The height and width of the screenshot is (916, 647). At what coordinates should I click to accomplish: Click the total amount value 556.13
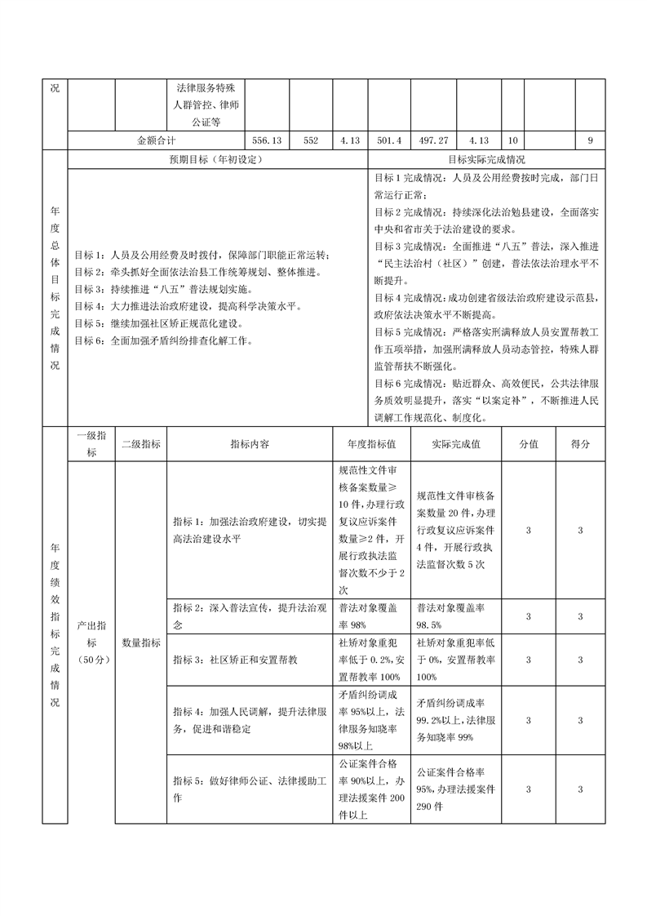click(267, 140)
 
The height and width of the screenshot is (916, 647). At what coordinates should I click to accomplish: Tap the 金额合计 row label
click(162, 140)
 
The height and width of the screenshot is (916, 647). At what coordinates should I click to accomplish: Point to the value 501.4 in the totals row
click(388, 140)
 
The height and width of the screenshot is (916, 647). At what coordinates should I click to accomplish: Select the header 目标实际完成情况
click(486, 159)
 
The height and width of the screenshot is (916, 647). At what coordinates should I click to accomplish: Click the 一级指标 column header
click(91, 443)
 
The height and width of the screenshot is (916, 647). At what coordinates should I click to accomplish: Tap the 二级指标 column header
click(140, 443)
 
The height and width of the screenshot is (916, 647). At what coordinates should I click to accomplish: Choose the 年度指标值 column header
click(371, 443)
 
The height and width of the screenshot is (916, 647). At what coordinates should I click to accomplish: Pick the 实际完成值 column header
click(455, 443)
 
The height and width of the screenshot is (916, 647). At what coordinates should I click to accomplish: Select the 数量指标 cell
click(140, 643)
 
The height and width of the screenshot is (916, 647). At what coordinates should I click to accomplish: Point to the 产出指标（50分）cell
click(91, 643)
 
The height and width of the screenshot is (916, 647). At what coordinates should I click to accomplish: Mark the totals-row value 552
click(310, 140)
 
